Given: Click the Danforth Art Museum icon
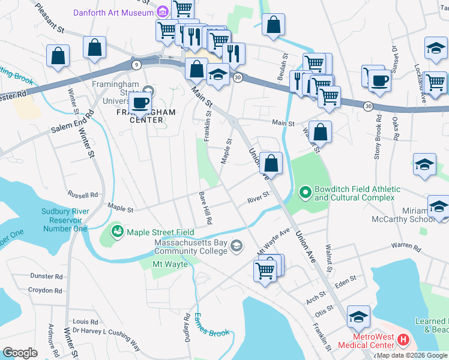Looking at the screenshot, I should (x=162, y=12).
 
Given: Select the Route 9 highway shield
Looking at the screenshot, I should (x=137, y=64).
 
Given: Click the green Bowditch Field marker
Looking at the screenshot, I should (x=305, y=193).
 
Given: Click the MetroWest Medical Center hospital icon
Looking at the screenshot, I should (x=403, y=340).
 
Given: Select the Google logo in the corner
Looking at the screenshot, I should (x=20, y=352).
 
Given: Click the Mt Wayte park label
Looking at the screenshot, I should (x=170, y=264).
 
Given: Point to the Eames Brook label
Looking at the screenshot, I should (x=211, y=324).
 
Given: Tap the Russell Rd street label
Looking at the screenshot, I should (x=83, y=195).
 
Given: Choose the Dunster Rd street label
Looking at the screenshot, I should (x=46, y=277).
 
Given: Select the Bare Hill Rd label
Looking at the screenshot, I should (x=205, y=208).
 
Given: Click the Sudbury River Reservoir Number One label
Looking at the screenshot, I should (x=65, y=220).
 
